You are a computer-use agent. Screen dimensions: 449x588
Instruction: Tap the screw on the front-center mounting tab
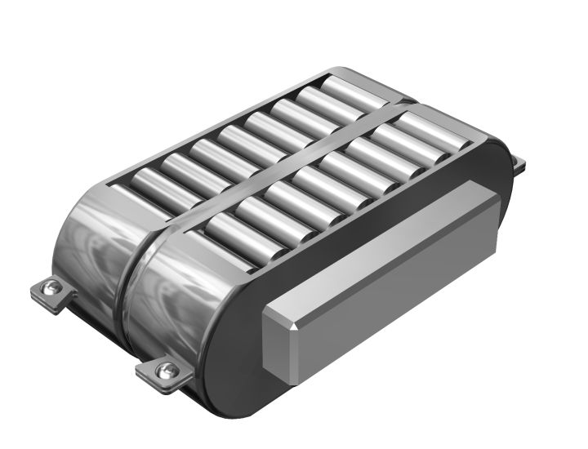(167, 370)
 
